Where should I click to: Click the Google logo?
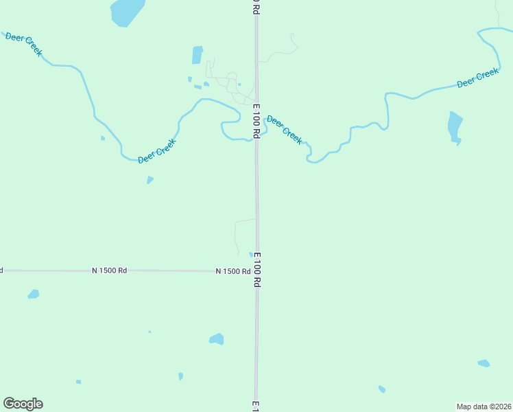pyautogui.click(x=23, y=404)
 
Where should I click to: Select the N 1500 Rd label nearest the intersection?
pyautogui.click(x=232, y=271)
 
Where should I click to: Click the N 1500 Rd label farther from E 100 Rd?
pyautogui.click(x=110, y=271)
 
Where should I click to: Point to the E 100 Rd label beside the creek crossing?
pyautogui.click(x=256, y=121)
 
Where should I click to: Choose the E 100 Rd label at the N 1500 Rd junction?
pyautogui.click(x=257, y=269)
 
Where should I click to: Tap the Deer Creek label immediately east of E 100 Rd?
pyautogui.click(x=284, y=129)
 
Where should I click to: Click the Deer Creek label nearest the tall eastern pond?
pyautogui.click(x=477, y=78)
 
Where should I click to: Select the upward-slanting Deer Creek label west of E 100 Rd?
pyautogui.click(x=157, y=150)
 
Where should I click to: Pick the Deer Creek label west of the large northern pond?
pyautogui.click(x=24, y=43)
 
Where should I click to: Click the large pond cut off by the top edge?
pyautogui.click(x=127, y=12)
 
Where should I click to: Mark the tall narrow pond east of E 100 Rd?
pyautogui.click(x=455, y=127)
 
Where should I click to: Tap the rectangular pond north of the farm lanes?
pyautogui.click(x=198, y=55)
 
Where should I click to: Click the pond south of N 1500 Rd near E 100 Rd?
pyautogui.click(x=217, y=339)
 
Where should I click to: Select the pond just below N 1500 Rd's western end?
pyautogui.click(x=33, y=294)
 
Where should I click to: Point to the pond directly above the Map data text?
pyautogui.click(x=484, y=363)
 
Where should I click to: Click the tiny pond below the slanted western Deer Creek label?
pyautogui.click(x=150, y=180)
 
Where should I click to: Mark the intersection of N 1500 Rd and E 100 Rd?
pyautogui.click(x=256, y=271)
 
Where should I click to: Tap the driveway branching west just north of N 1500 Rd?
pyautogui.click(x=244, y=221)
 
